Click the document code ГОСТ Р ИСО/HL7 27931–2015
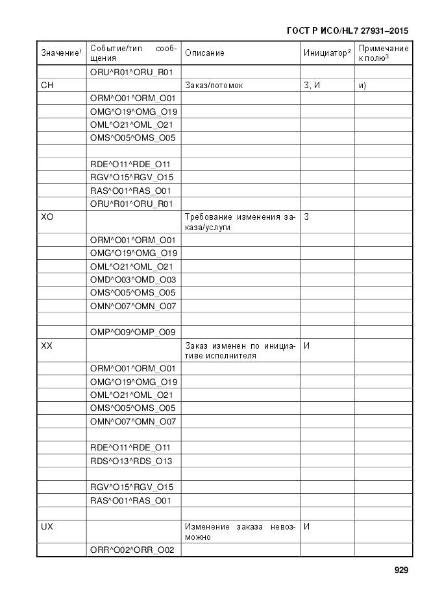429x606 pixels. pos(347,30)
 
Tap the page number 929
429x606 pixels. pos(401,570)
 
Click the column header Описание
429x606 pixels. pos(204,53)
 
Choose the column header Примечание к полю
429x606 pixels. pos(383,53)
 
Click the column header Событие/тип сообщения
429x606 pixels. pos(133,53)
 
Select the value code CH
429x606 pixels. pos(47,86)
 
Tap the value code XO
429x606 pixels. pos(47,217)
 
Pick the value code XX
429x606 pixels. pos(47,346)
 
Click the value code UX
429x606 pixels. pos(47,527)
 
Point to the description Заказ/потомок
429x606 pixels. pos(214,86)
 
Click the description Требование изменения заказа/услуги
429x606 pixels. pos(239,222)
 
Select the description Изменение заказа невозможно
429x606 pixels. pos(239,531)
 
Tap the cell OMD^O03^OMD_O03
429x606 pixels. pos(133,279)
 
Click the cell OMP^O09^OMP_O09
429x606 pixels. pos(133,332)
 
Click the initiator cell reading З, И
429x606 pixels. pos(312,86)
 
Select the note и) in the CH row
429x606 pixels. pos(362,86)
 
